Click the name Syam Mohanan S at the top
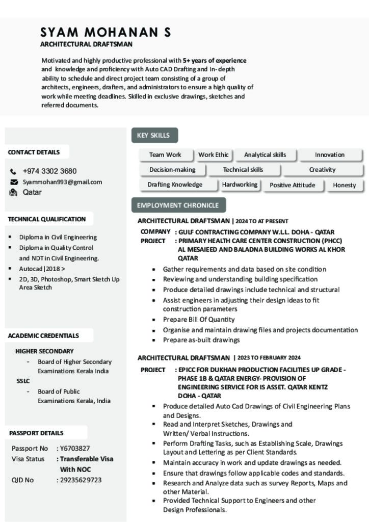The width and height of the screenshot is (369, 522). point(106,32)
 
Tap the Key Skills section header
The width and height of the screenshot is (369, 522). point(153,135)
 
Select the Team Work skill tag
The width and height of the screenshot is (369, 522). point(165,154)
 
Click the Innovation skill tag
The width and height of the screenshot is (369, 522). point(329,154)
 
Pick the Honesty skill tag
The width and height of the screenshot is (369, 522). point(344,185)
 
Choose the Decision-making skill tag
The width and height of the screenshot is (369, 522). point(172,170)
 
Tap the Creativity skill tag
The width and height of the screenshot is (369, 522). point(322,170)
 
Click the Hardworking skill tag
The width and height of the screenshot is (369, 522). point(240,185)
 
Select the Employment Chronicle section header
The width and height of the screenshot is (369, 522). point(177,205)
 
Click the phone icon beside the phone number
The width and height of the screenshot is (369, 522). point(13,171)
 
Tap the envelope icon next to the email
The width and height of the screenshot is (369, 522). point(14,182)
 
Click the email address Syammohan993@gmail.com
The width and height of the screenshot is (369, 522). point(62,182)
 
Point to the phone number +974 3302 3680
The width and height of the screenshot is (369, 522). point(49,171)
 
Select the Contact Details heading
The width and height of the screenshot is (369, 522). point(34,152)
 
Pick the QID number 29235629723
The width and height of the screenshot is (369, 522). point(81,480)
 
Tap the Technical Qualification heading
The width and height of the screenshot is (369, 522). point(47,219)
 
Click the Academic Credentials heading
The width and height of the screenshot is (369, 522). point(43,335)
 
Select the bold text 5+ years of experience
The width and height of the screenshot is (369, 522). point(215,60)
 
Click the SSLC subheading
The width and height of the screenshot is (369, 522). point(23,381)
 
